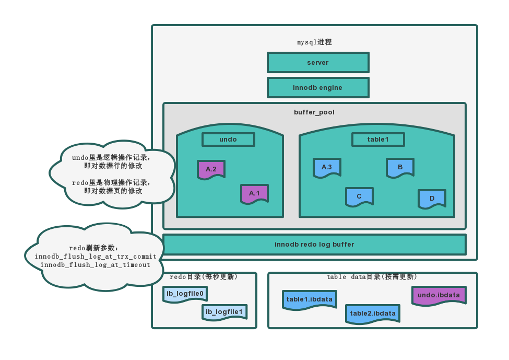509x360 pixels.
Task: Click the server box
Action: pyautogui.click(x=317, y=63)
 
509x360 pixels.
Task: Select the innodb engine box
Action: pyautogui.click(x=317, y=88)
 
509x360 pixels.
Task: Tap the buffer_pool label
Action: pyautogui.click(x=314, y=112)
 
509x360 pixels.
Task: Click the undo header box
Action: pyautogui.click(x=228, y=140)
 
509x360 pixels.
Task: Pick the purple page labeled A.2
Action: pyautogui.click(x=211, y=169)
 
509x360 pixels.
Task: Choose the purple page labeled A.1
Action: pyautogui.click(x=254, y=193)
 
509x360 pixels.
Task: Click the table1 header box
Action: pyautogui.click(x=377, y=140)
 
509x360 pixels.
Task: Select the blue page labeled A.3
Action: pyautogui.click(x=327, y=167)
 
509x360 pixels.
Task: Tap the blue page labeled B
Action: pyautogui.click(x=400, y=167)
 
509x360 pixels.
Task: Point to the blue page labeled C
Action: pyautogui.click(x=359, y=196)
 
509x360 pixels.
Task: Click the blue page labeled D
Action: pyautogui.click(x=432, y=199)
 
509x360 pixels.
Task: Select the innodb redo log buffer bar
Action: pyautogui.click(x=314, y=245)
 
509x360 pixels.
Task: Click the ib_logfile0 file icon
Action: pyautogui.click(x=185, y=294)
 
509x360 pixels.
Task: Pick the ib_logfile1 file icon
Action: pyautogui.click(x=224, y=312)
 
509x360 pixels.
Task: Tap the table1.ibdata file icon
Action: pyautogui.click(x=309, y=299)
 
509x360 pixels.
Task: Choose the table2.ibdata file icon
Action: pyautogui.click(x=373, y=313)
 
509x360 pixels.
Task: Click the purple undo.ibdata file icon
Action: pyautogui.click(x=439, y=295)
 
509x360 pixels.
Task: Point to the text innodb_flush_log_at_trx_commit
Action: pyautogui.click(x=96, y=257)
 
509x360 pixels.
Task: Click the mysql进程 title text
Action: pyautogui.click(x=314, y=42)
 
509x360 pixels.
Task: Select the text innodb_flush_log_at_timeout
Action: pyautogui.click(x=96, y=265)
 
